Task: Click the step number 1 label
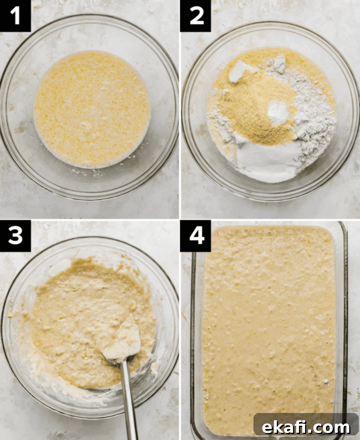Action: coord(15,16)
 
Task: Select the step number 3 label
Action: coord(15,236)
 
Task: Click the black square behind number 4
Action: coord(196,236)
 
